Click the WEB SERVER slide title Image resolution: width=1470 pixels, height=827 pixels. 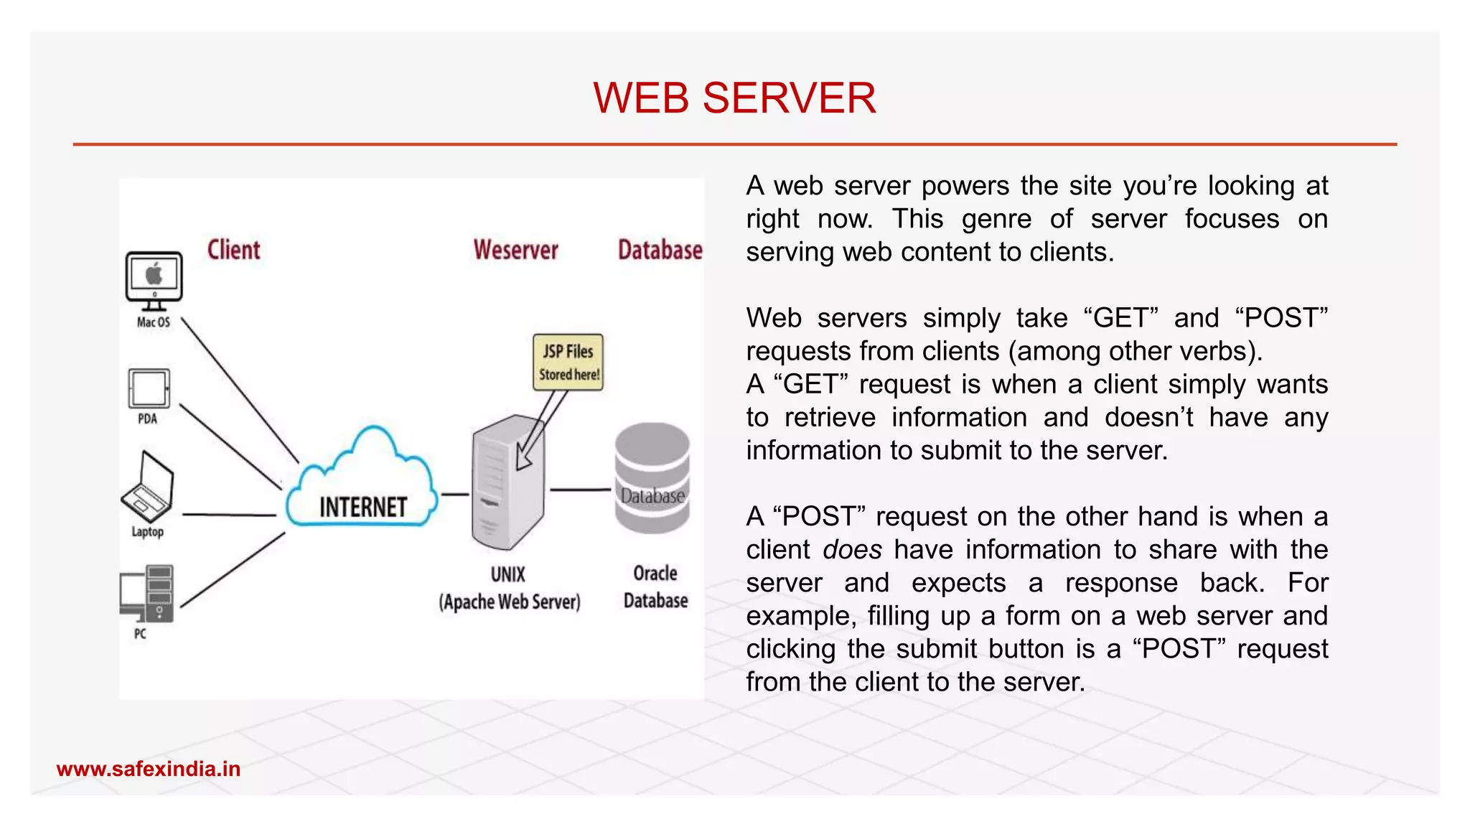click(x=734, y=98)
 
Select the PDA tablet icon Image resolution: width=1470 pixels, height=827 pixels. click(x=149, y=388)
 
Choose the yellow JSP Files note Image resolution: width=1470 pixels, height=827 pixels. click(x=568, y=363)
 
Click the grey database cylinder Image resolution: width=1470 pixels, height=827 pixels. click(x=652, y=478)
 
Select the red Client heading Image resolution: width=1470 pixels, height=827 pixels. click(x=233, y=250)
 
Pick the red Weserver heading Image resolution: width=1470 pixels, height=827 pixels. click(x=515, y=250)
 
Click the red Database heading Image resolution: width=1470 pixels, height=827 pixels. click(x=660, y=250)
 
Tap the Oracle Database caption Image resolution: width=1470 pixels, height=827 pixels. click(x=655, y=587)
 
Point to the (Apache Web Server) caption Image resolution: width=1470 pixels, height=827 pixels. click(x=510, y=602)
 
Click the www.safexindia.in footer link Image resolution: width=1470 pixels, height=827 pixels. click(x=149, y=769)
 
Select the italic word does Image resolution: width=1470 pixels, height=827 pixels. click(x=852, y=550)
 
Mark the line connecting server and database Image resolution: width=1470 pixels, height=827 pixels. click(x=580, y=490)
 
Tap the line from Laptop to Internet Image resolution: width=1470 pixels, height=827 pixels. click(x=229, y=515)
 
